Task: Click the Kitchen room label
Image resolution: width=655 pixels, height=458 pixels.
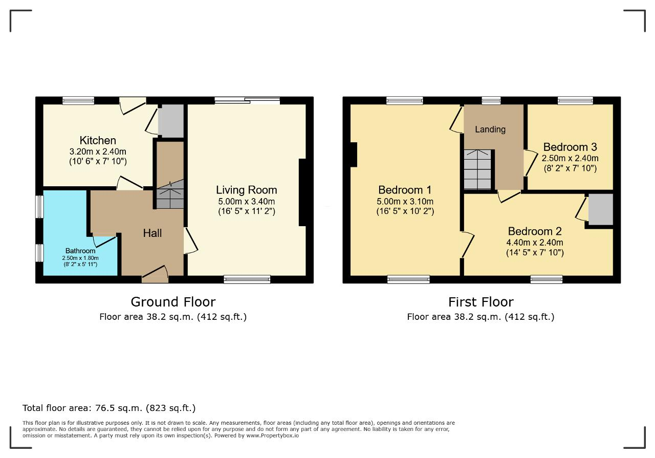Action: (x=98, y=140)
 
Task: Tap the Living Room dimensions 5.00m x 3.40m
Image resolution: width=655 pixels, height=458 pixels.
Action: (x=247, y=202)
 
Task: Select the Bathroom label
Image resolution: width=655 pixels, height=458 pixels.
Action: (x=80, y=251)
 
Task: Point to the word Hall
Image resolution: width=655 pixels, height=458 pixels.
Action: (x=152, y=233)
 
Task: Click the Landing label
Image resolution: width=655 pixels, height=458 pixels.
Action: (x=490, y=129)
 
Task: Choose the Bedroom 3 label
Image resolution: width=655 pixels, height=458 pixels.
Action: (x=570, y=147)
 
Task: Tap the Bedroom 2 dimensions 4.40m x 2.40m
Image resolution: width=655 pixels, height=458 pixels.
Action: (x=535, y=243)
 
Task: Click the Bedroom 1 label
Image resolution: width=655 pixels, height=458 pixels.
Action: (x=405, y=190)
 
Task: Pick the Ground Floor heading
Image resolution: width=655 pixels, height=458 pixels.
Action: (x=173, y=302)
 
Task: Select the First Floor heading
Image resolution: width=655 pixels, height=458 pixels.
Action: (x=481, y=302)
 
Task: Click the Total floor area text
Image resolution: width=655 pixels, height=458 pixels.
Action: (x=109, y=408)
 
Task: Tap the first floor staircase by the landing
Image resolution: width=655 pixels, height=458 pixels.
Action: (x=477, y=169)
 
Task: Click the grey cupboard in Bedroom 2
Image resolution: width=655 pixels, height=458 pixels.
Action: (x=601, y=209)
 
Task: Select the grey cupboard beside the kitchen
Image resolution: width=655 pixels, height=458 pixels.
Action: (x=171, y=120)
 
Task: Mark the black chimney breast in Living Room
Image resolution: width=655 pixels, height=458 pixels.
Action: (x=302, y=192)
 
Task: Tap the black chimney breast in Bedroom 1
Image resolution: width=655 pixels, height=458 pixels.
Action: (x=354, y=155)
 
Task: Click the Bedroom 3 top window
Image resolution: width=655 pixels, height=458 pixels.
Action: (x=575, y=101)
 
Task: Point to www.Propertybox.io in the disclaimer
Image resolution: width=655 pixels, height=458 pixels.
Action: (x=272, y=436)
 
